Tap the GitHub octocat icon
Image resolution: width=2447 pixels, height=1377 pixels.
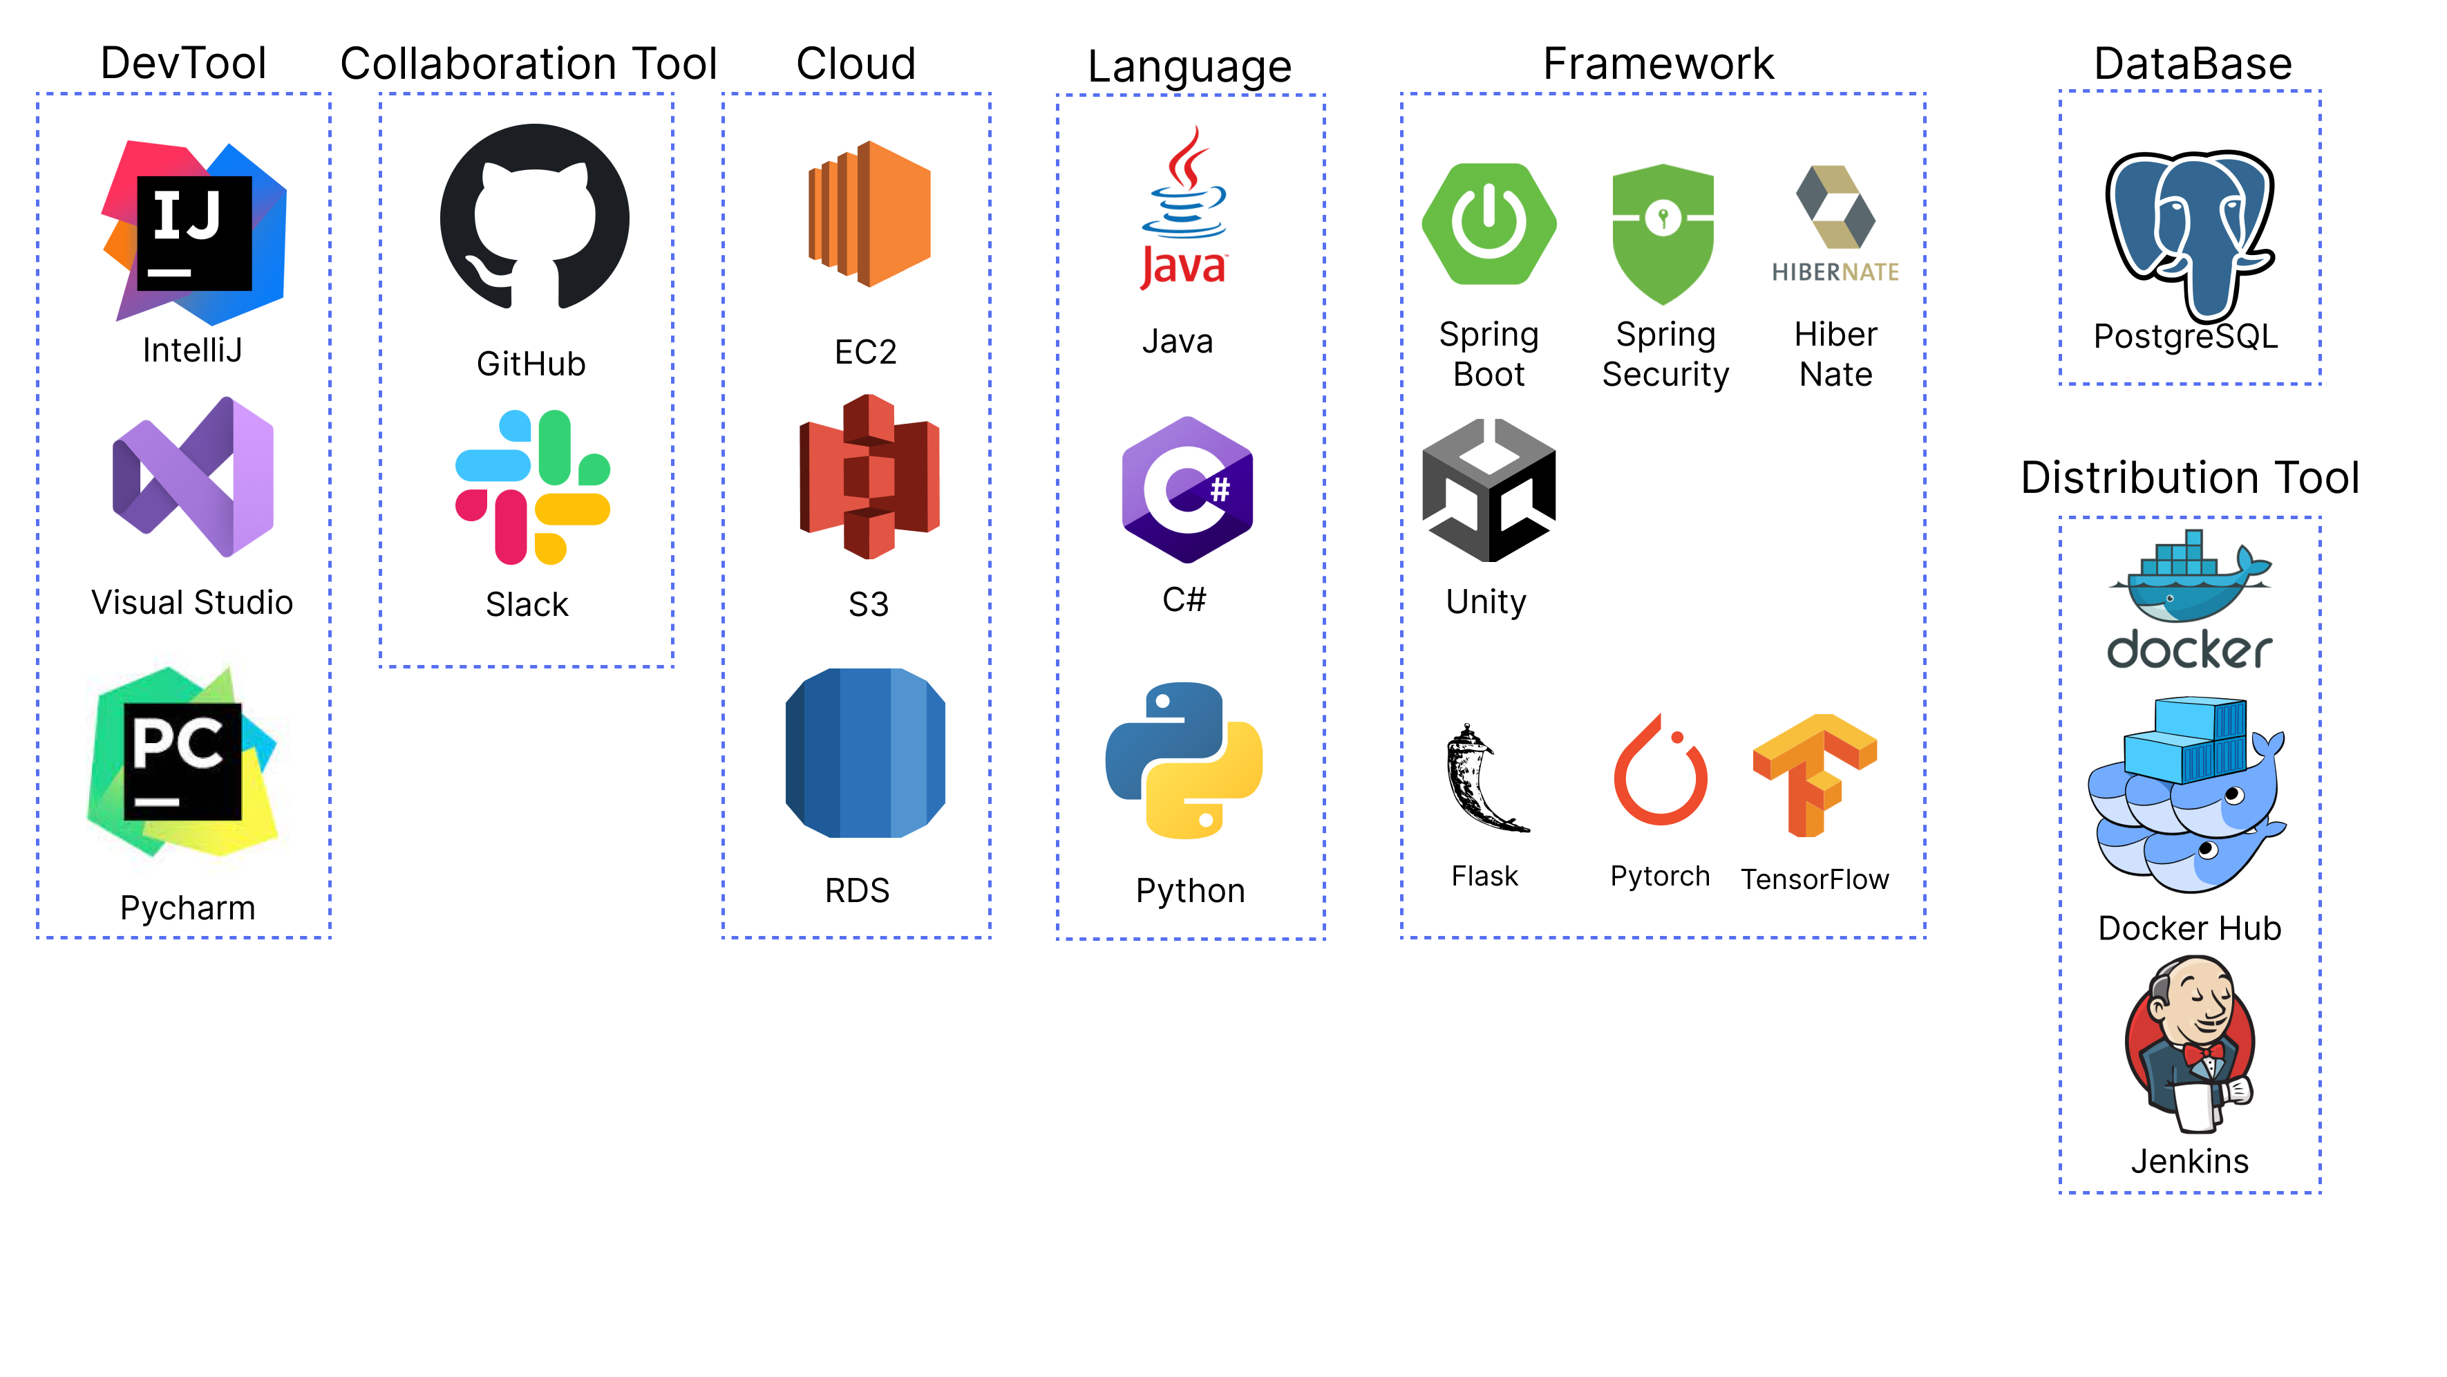(534, 218)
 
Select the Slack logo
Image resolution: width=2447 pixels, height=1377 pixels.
(532, 487)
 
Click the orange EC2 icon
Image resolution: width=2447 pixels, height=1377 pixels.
(868, 214)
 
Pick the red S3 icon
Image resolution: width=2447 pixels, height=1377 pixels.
(868, 477)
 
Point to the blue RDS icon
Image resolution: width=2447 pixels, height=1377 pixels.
(865, 753)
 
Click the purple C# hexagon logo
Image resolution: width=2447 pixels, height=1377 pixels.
(1187, 490)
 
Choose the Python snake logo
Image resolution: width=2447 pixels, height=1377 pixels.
(1184, 760)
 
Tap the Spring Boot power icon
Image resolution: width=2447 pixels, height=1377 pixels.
(1488, 224)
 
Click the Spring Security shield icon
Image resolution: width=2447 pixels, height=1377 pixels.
(1663, 231)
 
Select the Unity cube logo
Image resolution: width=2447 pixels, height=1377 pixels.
(1488, 490)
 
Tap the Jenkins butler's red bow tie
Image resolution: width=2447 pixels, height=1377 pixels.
(2201, 1053)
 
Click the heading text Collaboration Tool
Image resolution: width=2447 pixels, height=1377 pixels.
(528, 64)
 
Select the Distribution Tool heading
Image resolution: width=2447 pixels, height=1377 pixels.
(2189, 477)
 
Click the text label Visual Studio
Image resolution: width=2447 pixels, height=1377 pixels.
(192, 603)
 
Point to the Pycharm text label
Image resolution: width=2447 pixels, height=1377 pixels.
(187, 908)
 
